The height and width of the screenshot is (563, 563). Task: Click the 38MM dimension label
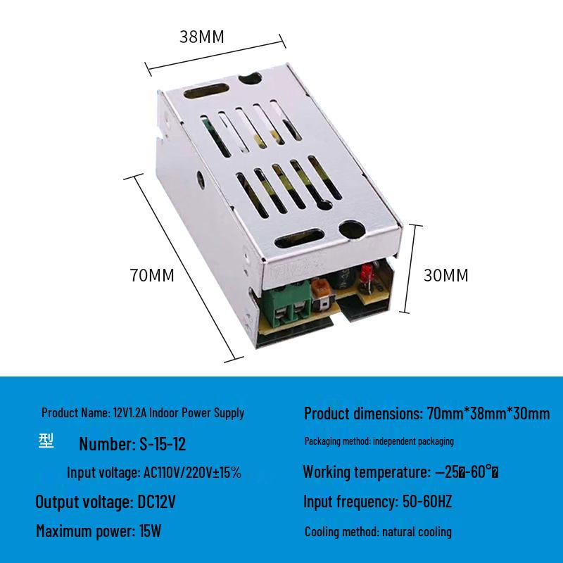(x=201, y=37)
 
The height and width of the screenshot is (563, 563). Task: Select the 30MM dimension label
(x=445, y=275)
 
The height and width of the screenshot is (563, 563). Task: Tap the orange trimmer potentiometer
(x=323, y=288)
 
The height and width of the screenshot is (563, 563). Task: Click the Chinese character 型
(x=46, y=441)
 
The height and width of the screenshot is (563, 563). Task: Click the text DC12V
(x=153, y=502)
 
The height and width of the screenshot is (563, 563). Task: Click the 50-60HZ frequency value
(x=426, y=502)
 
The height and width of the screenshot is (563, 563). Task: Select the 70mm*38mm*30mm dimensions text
(x=488, y=413)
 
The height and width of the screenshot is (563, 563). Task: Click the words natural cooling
(x=419, y=532)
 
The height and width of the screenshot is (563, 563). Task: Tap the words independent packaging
(x=413, y=442)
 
